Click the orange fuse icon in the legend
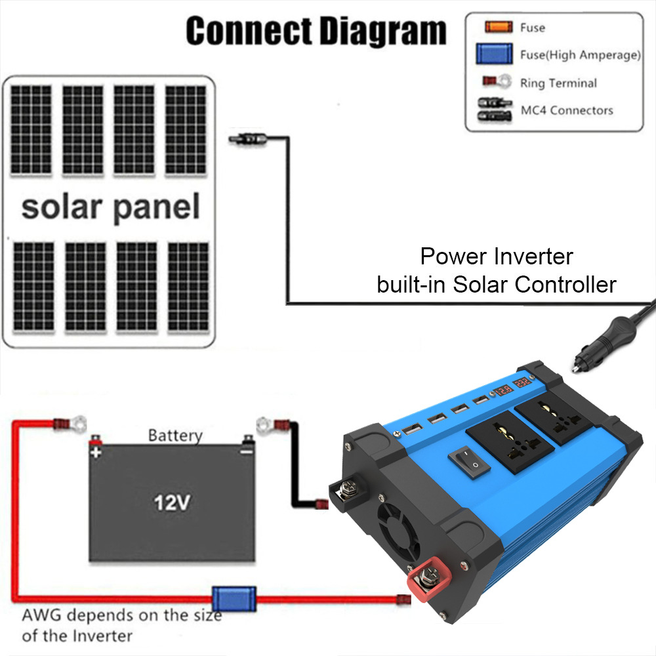tap(498, 28)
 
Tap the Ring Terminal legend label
tap(558, 83)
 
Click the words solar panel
tap(110, 207)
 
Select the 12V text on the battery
tap(172, 503)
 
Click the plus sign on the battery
tap(96, 453)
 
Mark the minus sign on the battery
tap(247, 452)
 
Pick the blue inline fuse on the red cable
tap(233, 599)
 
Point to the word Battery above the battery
tap(175, 435)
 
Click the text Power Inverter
tap(497, 255)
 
